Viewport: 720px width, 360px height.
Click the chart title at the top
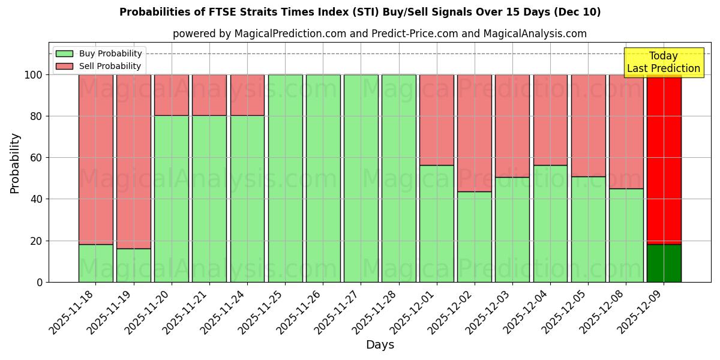(x=360, y=12)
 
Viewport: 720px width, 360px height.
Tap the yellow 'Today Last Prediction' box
(x=664, y=63)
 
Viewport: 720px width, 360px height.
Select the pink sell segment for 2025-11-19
(x=133, y=162)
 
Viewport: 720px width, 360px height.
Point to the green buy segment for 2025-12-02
(x=474, y=236)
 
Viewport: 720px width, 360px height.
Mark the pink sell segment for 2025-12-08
(x=626, y=131)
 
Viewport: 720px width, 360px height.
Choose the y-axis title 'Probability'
(x=15, y=163)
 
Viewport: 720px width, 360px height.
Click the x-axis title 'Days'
(x=380, y=345)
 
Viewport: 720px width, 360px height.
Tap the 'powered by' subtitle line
(x=380, y=34)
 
